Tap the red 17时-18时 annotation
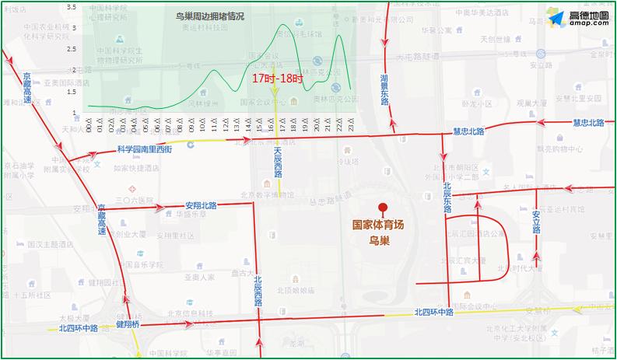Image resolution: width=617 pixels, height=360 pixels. tap(277, 79)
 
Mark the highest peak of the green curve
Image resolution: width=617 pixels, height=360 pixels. tap(282, 24)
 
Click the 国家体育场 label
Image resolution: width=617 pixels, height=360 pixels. tap(379, 225)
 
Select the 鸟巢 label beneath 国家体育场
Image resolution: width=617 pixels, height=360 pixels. tap(379, 240)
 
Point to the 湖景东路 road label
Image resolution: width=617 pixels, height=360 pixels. tap(384, 89)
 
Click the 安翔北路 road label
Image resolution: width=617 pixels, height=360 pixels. tap(202, 205)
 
